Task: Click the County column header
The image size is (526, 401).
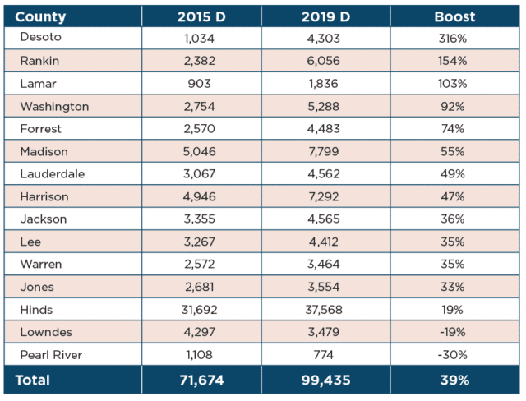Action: coord(40,17)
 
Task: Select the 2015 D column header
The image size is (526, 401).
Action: coord(201,16)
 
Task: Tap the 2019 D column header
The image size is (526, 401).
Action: coord(325,16)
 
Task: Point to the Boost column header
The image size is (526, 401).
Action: coord(454,16)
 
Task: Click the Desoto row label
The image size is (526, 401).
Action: coord(40,37)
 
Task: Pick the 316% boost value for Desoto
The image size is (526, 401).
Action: coord(453,39)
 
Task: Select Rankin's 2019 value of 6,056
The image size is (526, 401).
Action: coord(323,61)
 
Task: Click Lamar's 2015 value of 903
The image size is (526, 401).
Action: coord(199,84)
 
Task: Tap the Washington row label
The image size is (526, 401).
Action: coord(54,107)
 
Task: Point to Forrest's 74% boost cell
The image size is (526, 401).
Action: coord(453,129)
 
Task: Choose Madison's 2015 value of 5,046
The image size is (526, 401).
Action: coord(199,151)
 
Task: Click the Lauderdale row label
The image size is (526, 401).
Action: coord(53,174)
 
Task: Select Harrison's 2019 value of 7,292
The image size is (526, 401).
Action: coord(323,197)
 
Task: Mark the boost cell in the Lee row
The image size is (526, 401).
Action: coord(453,242)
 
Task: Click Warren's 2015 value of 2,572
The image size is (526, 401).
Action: coord(199,265)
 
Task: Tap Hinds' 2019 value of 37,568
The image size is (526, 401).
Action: coord(324,310)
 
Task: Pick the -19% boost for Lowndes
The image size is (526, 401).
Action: coord(453,332)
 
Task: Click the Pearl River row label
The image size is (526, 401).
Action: coord(51,355)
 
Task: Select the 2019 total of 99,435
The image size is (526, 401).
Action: coord(325,380)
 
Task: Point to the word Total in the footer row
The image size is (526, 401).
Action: coord(33,380)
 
